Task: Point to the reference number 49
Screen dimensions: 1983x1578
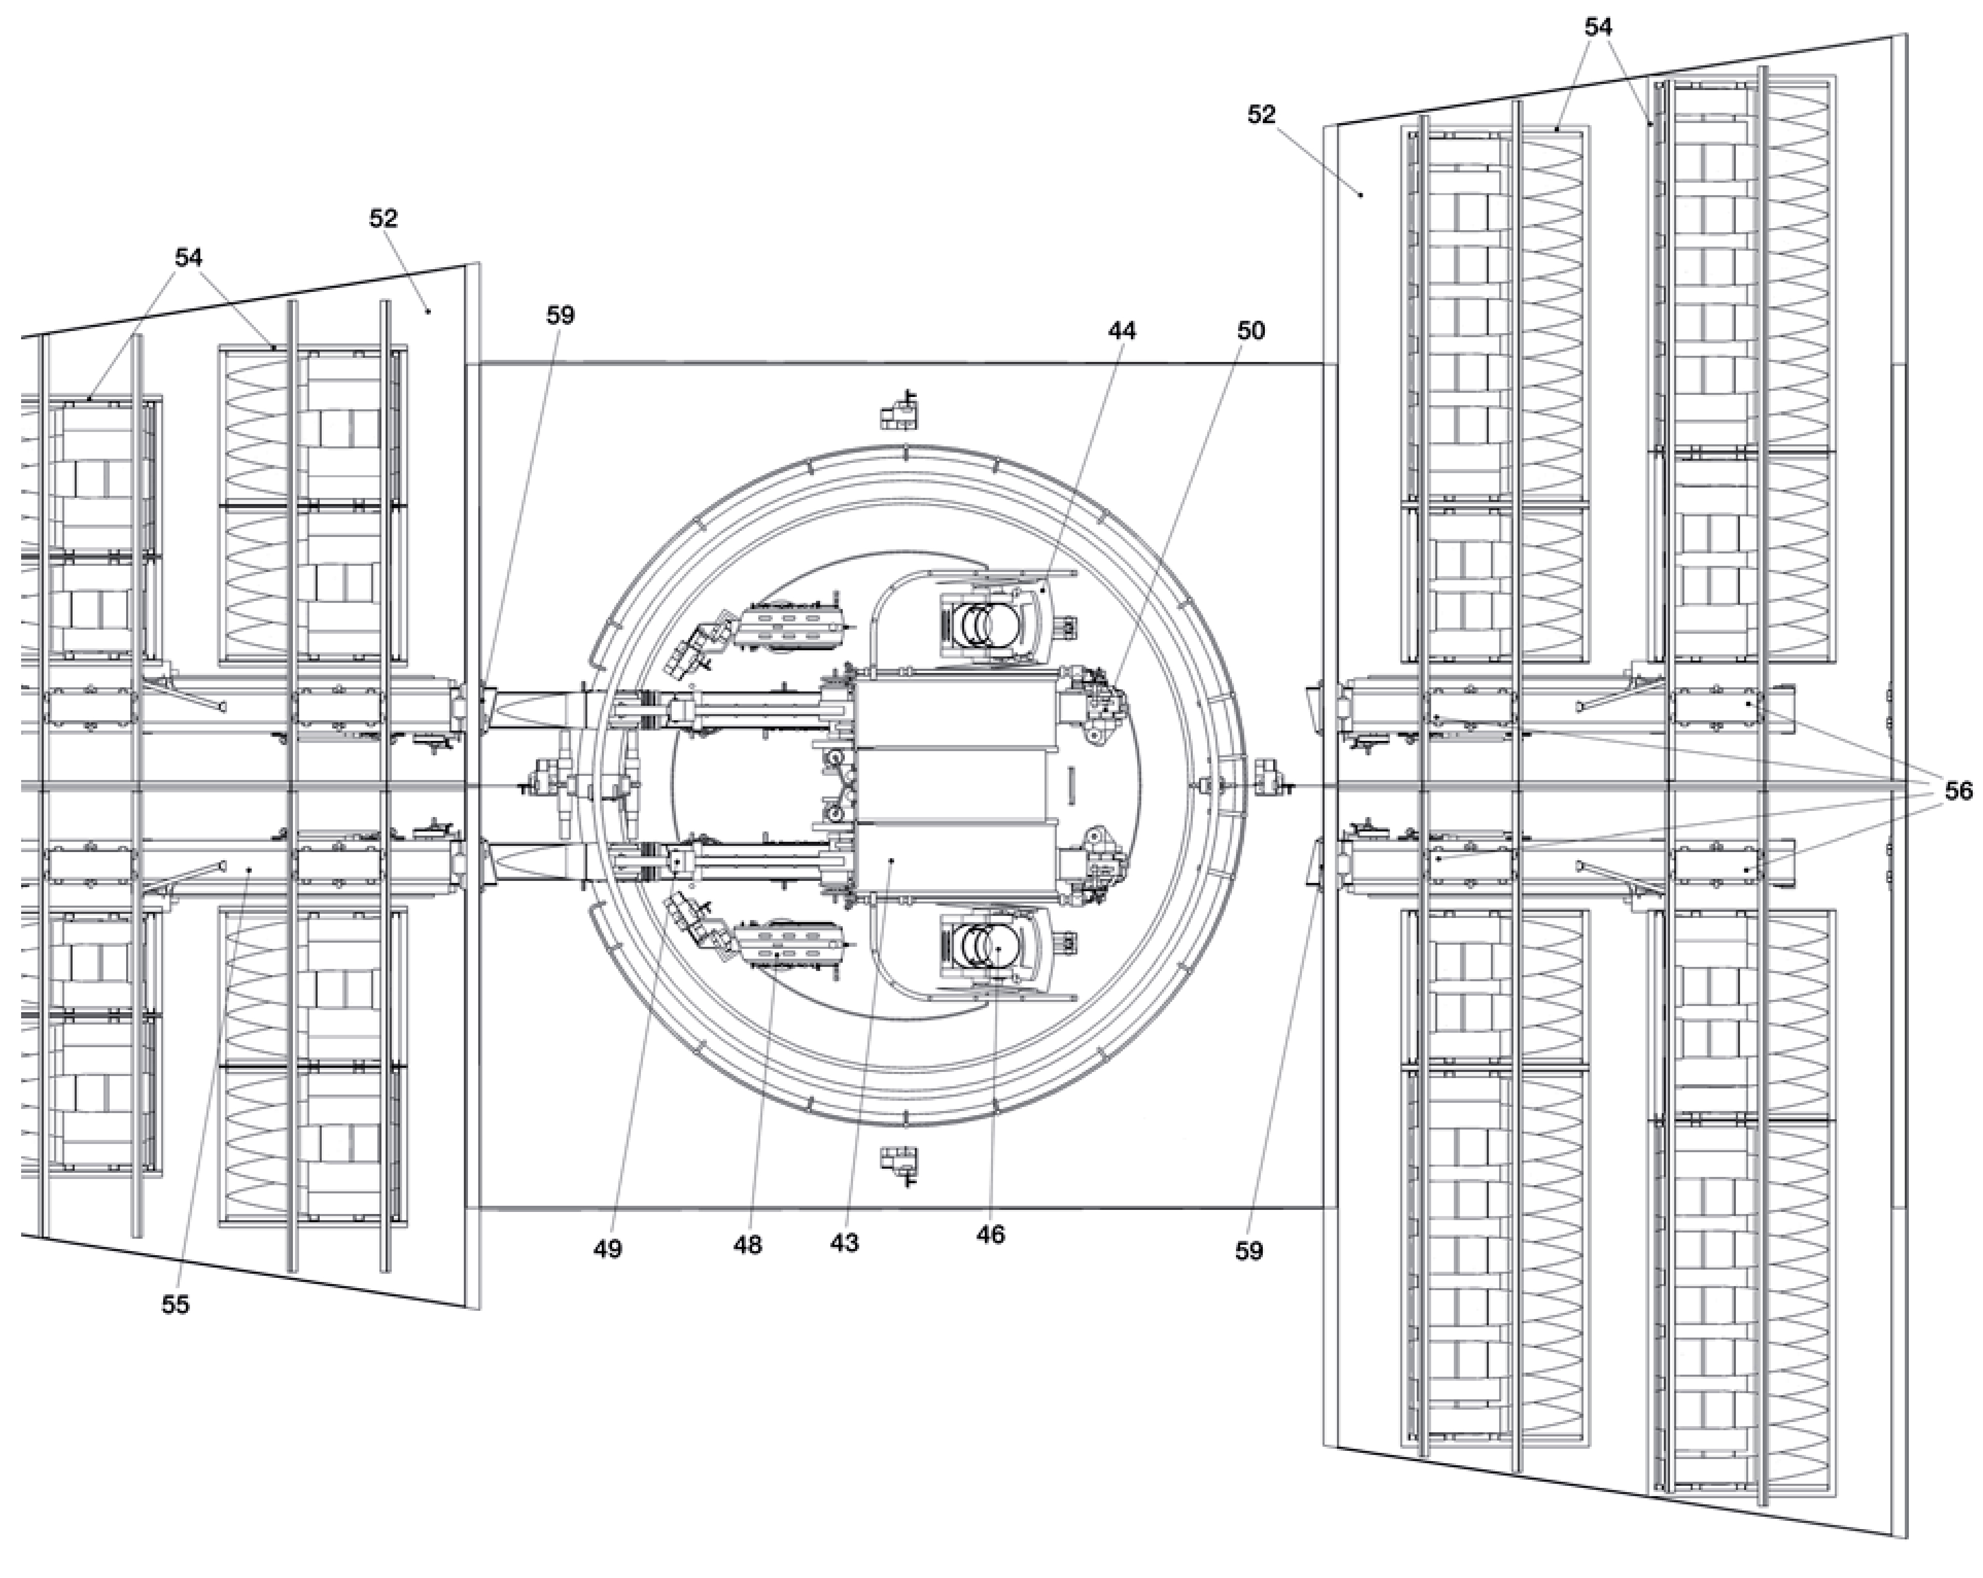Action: (x=607, y=1250)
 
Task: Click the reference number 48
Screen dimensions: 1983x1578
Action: (x=748, y=1245)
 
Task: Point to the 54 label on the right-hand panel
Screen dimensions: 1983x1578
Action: (x=1597, y=28)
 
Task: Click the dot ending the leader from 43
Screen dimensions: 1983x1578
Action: (x=892, y=860)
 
